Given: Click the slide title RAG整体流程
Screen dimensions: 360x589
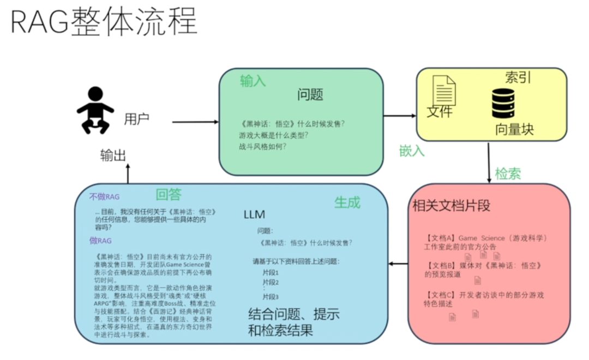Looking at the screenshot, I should pyautogui.click(x=104, y=23).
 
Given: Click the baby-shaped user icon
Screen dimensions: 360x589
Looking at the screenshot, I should pyautogui.click(x=95, y=110).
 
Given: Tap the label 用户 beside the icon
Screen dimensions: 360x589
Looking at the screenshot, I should pyautogui.click(x=136, y=119).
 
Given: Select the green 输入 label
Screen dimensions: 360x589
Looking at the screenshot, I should pyautogui.click(x=253, y=81).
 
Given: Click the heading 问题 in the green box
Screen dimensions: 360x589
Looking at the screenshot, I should pyautogui.click(x=310, y=95).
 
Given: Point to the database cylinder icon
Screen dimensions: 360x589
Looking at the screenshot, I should pyautogui.click(x=503, y=103).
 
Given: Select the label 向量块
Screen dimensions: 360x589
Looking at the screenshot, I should pyautogui.click(x=514, y=129).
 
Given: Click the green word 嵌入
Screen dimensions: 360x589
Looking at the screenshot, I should pyautogui.click(x=412, y=151).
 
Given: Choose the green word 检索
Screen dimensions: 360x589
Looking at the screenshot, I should pyautogui.click(x=508, y=173).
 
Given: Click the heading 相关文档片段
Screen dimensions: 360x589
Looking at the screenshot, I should pyautogui.click(x=452, y=206).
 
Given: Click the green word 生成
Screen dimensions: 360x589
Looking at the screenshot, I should pyautogui.click(x=347, y=203).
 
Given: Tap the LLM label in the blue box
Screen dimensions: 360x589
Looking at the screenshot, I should pyautogui.click(x=254, y=215).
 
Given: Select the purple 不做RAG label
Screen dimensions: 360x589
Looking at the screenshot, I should pyautogui.click(x=104, y=197).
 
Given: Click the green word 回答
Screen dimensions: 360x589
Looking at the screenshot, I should pyautogui.click(x=169, y=195).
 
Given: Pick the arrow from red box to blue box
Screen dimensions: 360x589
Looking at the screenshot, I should pyautogui.click(x=398, y=265).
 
